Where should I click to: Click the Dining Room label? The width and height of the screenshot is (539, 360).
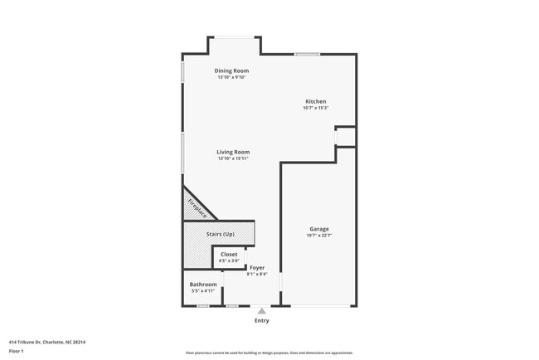point(231,71)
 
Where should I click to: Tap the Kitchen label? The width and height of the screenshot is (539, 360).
point(315,101)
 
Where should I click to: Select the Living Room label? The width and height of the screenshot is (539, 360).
point(233,152)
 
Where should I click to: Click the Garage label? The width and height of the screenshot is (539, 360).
point(319,229)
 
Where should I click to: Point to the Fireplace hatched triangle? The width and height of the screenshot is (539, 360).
point(196,205)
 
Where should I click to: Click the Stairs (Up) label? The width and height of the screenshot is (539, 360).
point(220,234)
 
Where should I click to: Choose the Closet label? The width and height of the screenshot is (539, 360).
point(229,254)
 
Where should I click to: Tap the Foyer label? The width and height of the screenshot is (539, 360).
point(257,267)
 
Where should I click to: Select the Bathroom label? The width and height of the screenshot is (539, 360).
point(203,285)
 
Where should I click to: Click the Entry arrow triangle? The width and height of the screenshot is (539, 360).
point(261,310)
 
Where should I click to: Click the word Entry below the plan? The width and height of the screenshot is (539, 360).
point(261,320)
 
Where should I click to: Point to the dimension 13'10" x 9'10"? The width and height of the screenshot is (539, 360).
point(231,78)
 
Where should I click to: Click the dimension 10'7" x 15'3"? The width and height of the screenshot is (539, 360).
point(315,108)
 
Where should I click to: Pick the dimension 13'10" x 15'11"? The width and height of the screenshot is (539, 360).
point(233,158)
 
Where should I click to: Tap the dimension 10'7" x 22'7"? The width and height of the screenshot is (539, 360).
point(319,236)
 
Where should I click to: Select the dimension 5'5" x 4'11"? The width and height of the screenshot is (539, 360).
point(203,291)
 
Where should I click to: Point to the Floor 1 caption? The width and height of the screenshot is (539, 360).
point(17,351)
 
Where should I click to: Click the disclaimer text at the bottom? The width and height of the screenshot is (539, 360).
point(269,353)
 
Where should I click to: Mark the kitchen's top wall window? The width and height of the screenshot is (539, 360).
point(307,55)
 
